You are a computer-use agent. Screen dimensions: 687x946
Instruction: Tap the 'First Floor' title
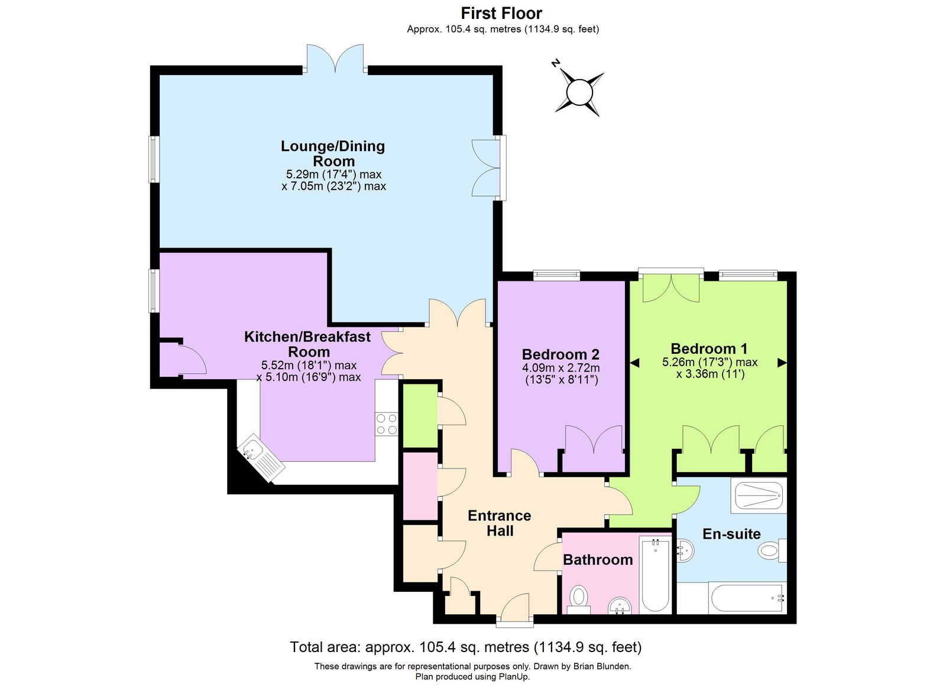coord(501,13)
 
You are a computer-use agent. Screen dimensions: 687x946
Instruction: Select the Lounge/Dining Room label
coord(333,153)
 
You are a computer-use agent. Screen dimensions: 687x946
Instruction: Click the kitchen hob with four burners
coord(387,424)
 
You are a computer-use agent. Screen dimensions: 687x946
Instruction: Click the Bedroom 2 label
coord(561,354)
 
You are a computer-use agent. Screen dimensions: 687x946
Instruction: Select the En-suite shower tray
coord(758,496)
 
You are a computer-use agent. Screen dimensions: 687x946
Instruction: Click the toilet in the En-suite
coord(770,551)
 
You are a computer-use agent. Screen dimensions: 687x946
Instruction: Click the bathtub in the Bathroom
coord(655,575)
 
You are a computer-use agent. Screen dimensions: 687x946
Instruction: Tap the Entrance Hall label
coord(500,523)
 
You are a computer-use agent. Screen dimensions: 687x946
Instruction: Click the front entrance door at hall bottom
coord(514,608)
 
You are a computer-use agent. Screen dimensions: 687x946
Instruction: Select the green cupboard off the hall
coord(419,415)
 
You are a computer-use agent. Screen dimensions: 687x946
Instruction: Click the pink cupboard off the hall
coord(420,486)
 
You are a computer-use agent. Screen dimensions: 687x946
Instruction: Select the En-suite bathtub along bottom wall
coord(746,598)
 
